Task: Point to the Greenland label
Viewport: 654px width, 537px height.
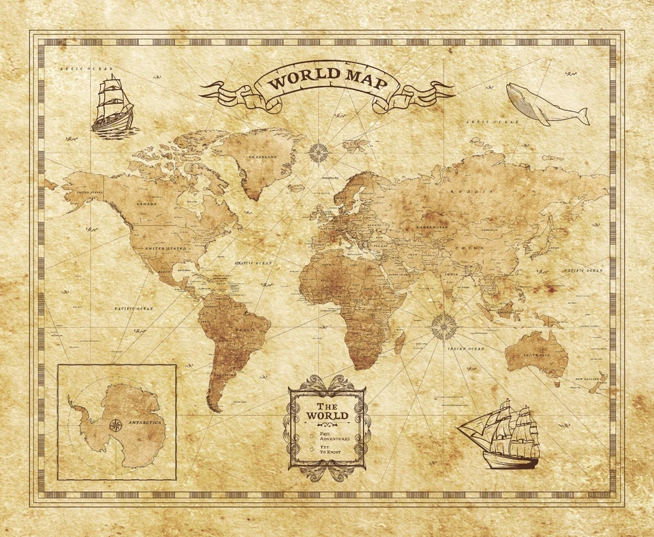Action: coord(262,157)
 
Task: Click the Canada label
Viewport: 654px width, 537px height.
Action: coord(146,204)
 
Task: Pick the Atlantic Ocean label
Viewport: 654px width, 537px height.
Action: coord(252,262)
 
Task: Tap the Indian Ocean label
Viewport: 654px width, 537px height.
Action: coord(465,349)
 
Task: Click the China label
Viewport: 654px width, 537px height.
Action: coord(470,247)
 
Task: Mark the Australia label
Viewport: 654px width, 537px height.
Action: coord(536,355)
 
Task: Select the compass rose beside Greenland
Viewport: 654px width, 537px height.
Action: coord(317,152)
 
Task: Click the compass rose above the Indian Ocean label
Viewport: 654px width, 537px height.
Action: coord(444,326)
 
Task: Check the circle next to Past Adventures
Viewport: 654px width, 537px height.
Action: coord(311,434)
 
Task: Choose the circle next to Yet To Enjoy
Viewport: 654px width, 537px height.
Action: coord(311,450)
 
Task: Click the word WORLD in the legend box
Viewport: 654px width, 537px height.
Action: coord(327,416)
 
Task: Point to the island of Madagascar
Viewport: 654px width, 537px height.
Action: coord(400,342)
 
